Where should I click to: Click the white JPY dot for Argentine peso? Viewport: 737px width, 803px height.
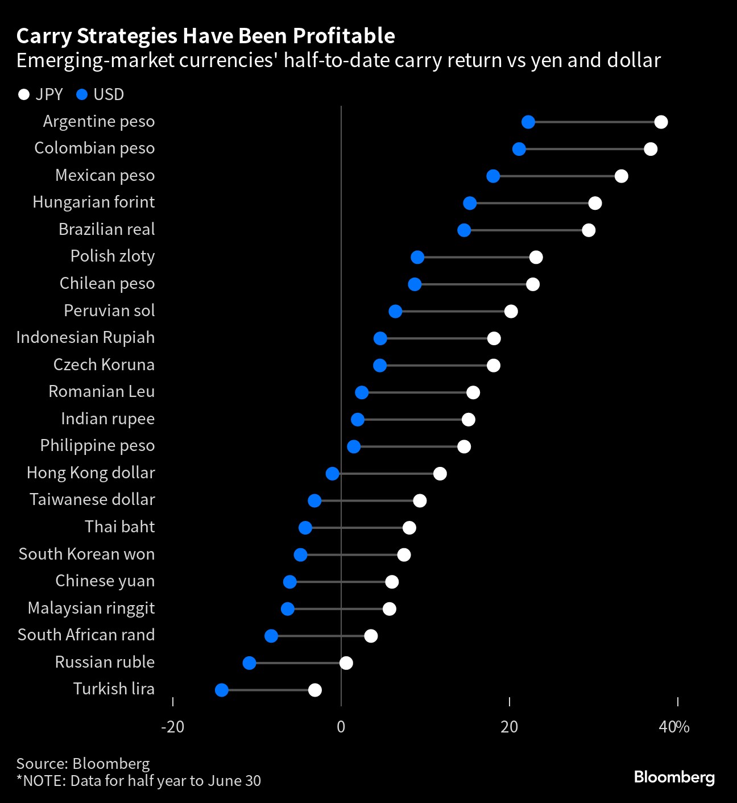coord(661,122)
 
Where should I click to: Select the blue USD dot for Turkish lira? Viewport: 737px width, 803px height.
coord(222,690)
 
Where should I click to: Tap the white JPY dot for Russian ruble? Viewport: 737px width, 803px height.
coord(346,663)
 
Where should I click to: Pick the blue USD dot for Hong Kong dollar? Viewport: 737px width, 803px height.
coord(333,473)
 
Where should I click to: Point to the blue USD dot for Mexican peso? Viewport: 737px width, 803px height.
coord(493,176)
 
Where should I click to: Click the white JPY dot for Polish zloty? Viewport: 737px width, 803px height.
coord(536,257)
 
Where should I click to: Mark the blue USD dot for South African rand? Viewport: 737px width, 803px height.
coord(271,636)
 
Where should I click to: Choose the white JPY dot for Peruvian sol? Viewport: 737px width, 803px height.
coord(511,311)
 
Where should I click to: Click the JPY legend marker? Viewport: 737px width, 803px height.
coord(24,94)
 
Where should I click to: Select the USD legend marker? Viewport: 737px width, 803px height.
coord(82,94)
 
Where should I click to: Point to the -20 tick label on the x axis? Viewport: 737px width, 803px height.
coord(172,727)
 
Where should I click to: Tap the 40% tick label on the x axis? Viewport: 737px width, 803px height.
coord(674,727)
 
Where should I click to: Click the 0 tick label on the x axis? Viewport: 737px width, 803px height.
coord(341,727)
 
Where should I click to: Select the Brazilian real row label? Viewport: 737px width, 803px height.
coord(107,229)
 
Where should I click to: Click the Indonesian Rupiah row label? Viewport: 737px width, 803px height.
coord(85,337)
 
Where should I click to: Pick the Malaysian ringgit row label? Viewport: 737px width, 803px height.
coord(91,608)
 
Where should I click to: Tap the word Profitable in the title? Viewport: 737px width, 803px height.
coord(343,36)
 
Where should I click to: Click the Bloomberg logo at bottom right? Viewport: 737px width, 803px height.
coord(674,777)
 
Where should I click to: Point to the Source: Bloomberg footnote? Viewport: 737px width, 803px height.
coord(83,763)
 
